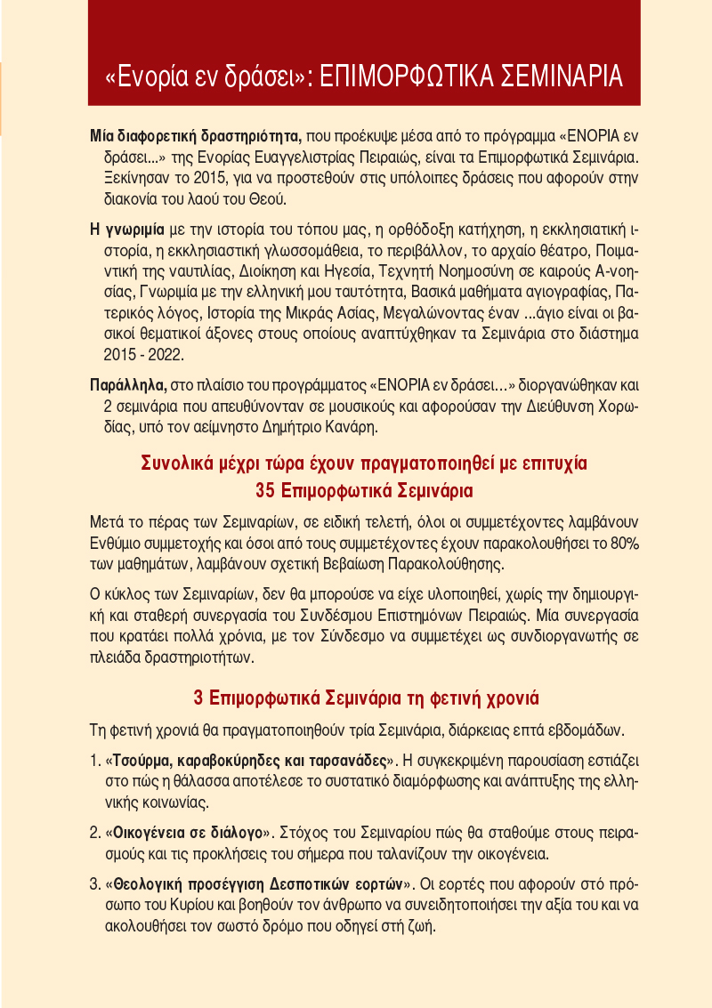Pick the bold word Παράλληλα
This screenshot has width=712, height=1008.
click(127, 387)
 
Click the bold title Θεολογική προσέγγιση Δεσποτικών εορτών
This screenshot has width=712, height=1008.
click(258, 885)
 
